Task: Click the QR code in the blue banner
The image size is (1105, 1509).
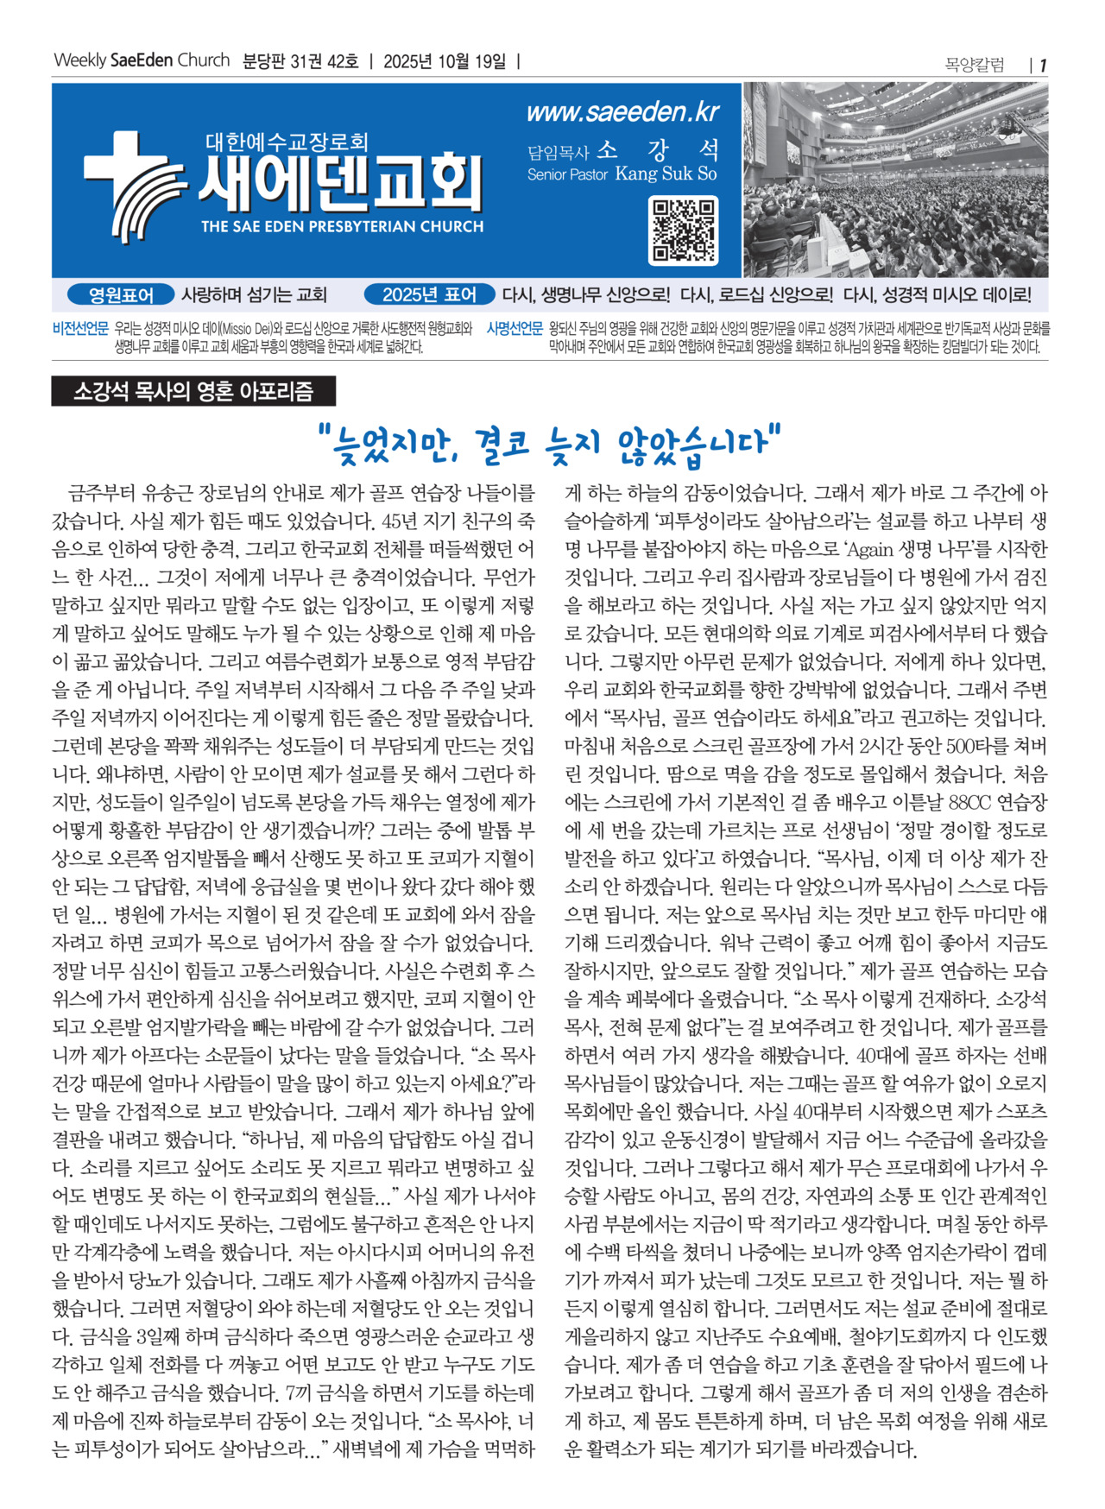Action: (682, 230)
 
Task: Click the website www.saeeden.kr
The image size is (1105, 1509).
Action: (622, 112)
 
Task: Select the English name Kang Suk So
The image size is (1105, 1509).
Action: (666, 174)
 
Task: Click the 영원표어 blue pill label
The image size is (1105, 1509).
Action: (121, 295)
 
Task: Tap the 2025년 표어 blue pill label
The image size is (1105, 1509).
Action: (429, 295)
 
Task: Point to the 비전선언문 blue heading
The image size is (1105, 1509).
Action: (80, 329)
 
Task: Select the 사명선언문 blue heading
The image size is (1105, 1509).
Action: (515, 329)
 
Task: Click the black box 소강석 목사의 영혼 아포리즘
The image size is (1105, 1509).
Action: (193, 392)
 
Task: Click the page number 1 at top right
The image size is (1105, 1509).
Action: (1043, 65)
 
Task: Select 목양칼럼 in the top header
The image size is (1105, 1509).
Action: (975, 65)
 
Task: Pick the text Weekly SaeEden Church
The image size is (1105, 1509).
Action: (142, 60)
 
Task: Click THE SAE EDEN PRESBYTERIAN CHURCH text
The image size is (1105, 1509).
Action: (342, 227)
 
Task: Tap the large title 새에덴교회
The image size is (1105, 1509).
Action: (339, 183)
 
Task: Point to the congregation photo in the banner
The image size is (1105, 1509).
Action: (895, 180)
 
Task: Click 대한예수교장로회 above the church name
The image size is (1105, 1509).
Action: (287, 141)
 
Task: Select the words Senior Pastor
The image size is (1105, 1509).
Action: (567, 174)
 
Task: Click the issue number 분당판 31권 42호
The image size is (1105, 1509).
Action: (300, 61)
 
